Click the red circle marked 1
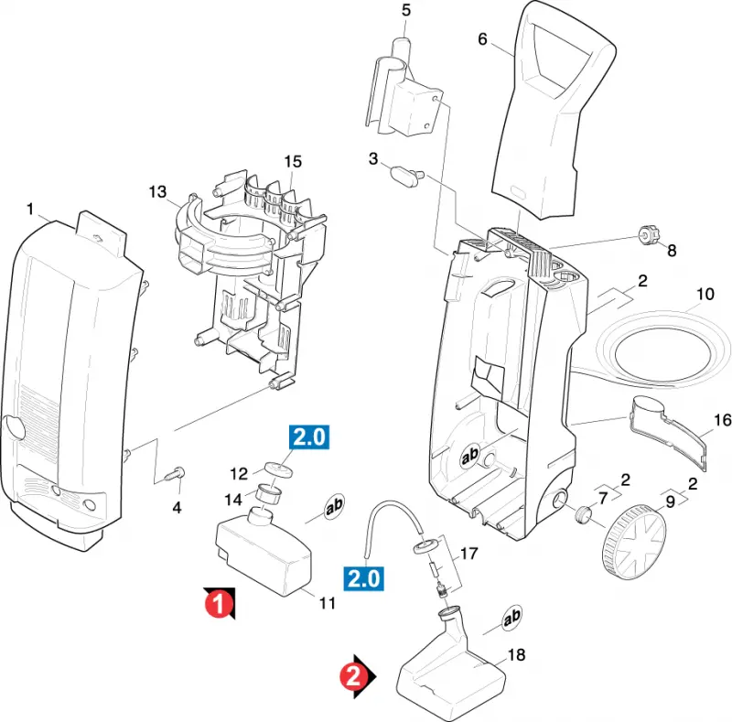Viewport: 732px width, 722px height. click(218, 603)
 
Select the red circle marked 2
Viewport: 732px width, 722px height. click(353, 675)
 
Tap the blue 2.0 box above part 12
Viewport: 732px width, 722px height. click(309, 437)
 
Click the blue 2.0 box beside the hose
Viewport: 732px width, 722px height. click(363, 578)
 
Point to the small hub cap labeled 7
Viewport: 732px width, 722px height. click(582, 514)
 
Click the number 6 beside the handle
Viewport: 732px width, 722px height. click(482, 38)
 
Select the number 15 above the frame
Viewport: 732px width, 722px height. click(293, 162)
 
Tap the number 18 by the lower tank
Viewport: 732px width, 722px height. click(516, 655)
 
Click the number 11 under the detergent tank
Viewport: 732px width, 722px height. click(328, 603)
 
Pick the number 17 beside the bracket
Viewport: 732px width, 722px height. click(469, 554)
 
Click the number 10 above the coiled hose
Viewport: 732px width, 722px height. click(705, 294)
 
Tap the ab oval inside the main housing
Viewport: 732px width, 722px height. click(470, 456)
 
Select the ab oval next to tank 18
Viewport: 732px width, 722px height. click(511, 617)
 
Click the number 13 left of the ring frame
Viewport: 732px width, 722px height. click(157, 191)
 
